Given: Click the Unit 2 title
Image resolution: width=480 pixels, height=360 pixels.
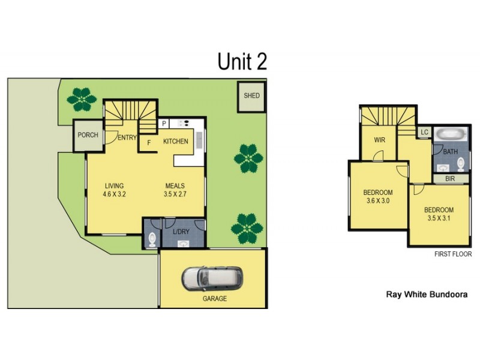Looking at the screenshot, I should pos(242,61).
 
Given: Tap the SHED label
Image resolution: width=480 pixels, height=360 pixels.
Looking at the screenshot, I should pos(251,96).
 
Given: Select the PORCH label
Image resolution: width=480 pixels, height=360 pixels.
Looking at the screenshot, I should pos(88,135).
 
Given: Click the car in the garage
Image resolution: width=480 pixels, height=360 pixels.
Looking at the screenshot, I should pos(213,278).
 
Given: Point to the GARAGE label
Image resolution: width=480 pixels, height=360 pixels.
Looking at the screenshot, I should pos(214,299).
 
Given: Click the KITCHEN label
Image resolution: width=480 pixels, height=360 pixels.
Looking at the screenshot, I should pos(176,142).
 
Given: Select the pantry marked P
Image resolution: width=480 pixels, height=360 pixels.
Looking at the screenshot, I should pos(163,124).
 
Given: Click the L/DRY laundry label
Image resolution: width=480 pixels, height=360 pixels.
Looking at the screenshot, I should pos(181,232).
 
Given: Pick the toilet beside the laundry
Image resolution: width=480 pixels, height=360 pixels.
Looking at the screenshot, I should pos(151,239).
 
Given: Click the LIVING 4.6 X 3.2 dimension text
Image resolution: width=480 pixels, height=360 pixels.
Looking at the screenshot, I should pos(114,190).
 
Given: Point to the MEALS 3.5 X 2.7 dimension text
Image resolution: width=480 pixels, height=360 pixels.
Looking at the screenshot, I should pos(175,190).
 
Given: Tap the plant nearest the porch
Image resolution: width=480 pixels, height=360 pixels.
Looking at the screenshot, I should pos(81,98).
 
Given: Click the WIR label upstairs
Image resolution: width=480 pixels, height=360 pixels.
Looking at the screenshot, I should pos(379,140).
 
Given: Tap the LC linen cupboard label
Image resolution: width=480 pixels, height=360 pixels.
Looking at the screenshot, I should pos(424,132).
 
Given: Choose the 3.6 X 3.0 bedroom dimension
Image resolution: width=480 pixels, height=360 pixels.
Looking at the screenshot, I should pos(377,201).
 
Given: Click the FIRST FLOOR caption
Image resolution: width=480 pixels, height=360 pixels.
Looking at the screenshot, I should pos(453,254).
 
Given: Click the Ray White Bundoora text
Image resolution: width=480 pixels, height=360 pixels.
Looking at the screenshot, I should pos(426,295).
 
